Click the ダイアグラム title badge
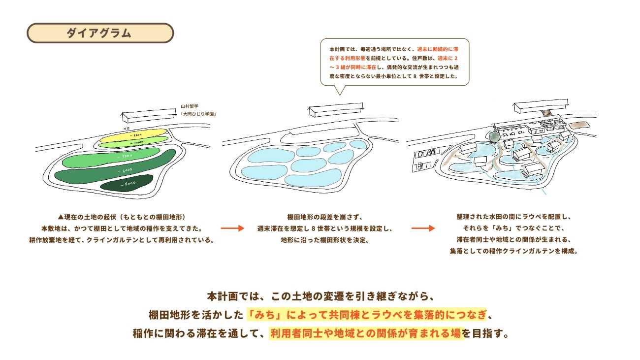coord(100,33)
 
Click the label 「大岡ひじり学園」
coord(198,114)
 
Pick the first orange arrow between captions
coord(232,229)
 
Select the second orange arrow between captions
coord(423,229)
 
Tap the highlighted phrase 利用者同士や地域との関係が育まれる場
coord(366,333)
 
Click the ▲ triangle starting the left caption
coord(61,217)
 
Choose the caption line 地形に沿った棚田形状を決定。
coord(325,240)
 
